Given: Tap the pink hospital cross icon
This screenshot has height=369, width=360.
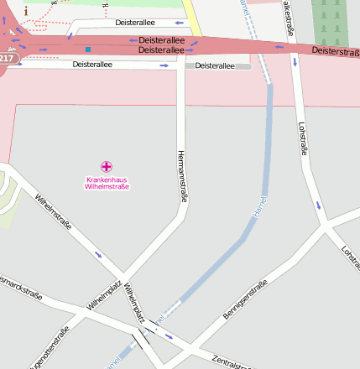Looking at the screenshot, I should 107,167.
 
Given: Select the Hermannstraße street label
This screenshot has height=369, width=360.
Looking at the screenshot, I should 181,176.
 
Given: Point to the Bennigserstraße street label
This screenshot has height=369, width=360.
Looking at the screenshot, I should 244,301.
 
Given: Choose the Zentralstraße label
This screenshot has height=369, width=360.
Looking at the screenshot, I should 232,361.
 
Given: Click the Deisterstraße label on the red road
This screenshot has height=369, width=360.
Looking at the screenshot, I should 335,51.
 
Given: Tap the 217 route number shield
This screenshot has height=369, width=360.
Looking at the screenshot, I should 7,58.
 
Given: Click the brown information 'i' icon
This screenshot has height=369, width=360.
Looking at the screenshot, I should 26,10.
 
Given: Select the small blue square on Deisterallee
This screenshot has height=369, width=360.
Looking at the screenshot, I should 87,49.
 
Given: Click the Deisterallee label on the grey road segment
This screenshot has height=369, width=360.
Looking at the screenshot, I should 215,65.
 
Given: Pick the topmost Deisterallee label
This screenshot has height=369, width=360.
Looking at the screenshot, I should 135,23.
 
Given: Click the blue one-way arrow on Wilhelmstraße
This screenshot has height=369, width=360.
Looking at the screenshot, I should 98,254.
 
